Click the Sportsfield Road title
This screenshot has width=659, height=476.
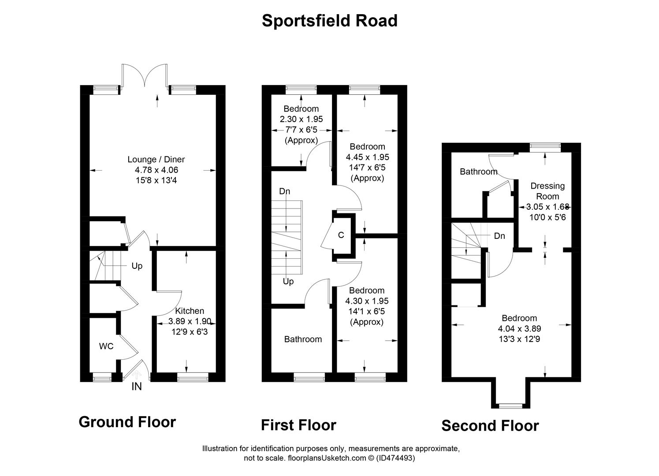click(x=329, y=21)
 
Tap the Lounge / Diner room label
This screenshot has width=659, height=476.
click(x=156, y=160)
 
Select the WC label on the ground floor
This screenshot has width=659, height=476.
click(x=106, y=346)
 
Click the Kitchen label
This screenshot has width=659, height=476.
click(x=190, y=311)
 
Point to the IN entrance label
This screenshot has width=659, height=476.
click(x=137, y=387)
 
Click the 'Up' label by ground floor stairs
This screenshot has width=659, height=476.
click(x=137, y=266)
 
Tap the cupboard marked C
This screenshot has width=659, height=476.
click(x=341, y=235)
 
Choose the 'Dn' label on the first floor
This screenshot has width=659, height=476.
click(x=285, y=191)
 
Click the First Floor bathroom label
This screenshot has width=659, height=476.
click(x=303, y=339)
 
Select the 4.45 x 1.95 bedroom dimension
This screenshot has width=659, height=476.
click(x=367, y=157)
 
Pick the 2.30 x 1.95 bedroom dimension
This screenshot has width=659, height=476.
click(x=301, y=119)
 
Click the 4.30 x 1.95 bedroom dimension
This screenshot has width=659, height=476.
click(x=367, y=301)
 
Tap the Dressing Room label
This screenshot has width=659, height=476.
click(x=547, y=191)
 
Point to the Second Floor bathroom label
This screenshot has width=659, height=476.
click(x=478, y=171)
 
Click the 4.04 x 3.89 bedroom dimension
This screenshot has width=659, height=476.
click(x=519, y=329)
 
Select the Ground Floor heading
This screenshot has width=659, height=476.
click(x=127, y=422)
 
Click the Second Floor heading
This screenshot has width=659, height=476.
click(x=490, y=426)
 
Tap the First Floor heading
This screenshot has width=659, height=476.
click(x=298, y=425)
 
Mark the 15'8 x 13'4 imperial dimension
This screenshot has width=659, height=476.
click(x=156, y=180)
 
